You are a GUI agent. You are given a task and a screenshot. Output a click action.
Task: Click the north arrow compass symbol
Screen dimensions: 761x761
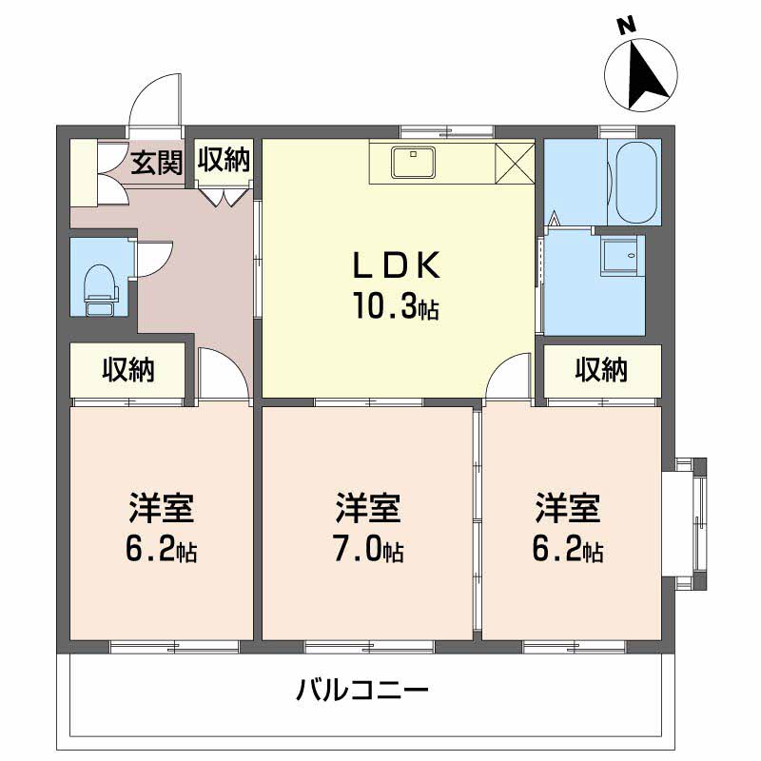pyautogui.click(x=642, y=68)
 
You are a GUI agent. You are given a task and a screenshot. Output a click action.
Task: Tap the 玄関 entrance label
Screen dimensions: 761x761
pyautogui.click(x=155, y=163)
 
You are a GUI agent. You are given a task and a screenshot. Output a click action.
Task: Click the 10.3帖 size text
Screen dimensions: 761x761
pyautogui.click(x=397, y=306)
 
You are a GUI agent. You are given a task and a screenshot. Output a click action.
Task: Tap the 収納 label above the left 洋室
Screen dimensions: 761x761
pyautogui.click(x=128, y=370)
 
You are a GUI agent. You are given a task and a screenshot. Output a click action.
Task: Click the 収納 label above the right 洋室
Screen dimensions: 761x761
pyautogui.click(x=601, y=369)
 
